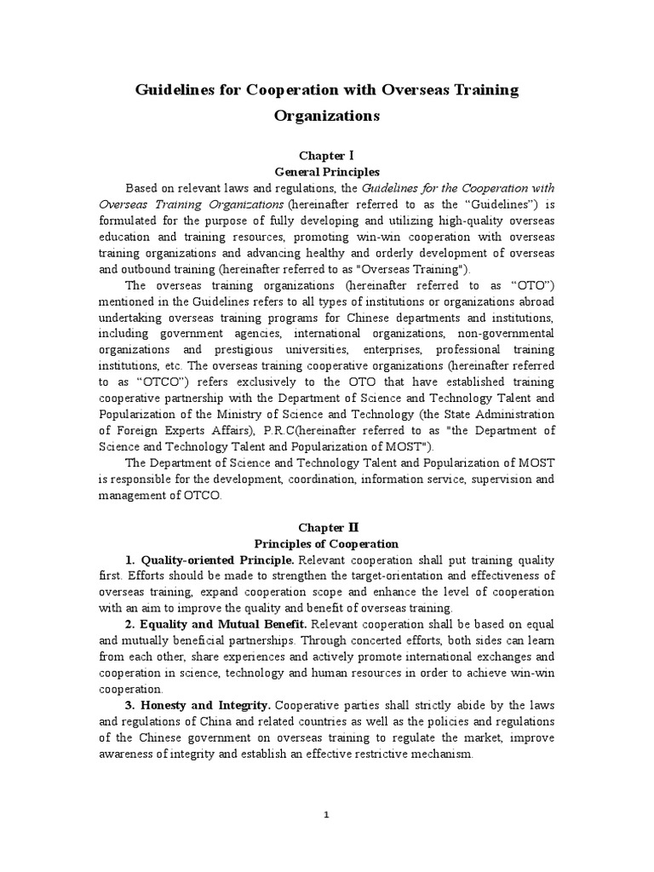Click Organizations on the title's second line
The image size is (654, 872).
pos(327,117)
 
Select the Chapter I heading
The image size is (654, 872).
pos(327,157)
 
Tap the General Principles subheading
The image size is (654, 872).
pos(327,171)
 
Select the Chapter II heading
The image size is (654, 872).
pos(327,528)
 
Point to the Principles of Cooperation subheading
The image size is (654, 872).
pos(327,543)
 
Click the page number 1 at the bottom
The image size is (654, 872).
pos(327,815)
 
